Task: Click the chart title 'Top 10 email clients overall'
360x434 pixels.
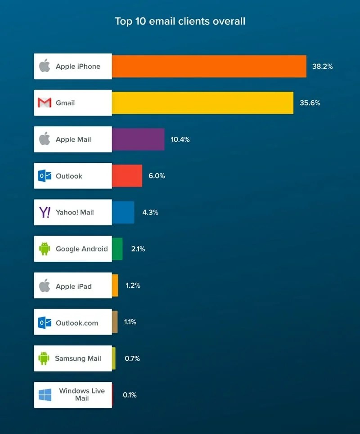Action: tap(180, 21)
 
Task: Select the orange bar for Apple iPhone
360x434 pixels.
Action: tap(209, 67)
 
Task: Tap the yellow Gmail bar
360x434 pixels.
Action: tap(202, 103)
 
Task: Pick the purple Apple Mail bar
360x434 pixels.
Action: tap(138, 139)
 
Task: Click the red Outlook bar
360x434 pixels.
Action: tap(127, 176)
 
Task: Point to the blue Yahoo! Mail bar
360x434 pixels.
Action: tap(123, 212)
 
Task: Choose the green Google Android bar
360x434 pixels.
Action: tap(117, 249)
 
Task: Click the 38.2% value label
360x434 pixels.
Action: tap(322, 67)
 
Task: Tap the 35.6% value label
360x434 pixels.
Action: tap(310, 103)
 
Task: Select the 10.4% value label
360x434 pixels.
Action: tap(180, 139)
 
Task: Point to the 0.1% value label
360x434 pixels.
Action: tap(130, 395)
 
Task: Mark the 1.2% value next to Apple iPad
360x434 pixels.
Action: tap(133, 286)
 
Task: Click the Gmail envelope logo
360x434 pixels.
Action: tap(45, 103)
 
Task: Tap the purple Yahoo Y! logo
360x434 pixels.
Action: tap(45, 212)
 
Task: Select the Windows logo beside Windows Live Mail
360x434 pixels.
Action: tap(45, 395)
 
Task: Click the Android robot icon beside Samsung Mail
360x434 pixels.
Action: tap(44, 358)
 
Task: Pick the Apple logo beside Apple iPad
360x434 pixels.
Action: tap(44, 286)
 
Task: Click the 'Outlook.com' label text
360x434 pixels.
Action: tap(76, 322)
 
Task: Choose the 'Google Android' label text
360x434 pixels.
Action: tap(81, 249)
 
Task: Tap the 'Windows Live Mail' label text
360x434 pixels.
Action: tap(81, 394)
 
